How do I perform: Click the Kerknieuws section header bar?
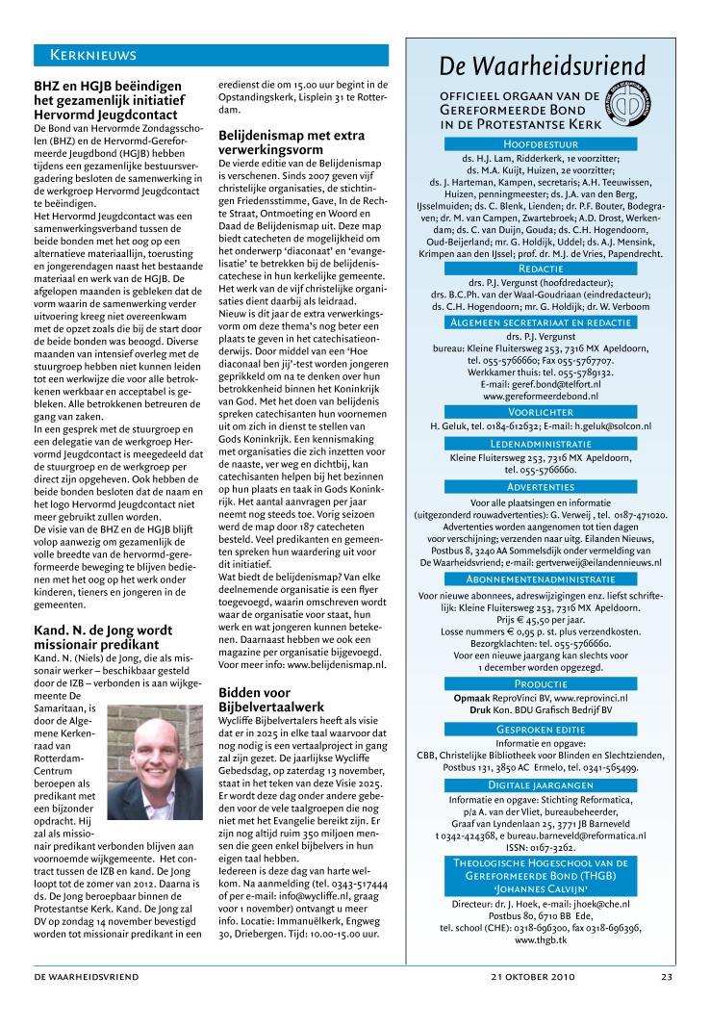coord(211,54)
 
